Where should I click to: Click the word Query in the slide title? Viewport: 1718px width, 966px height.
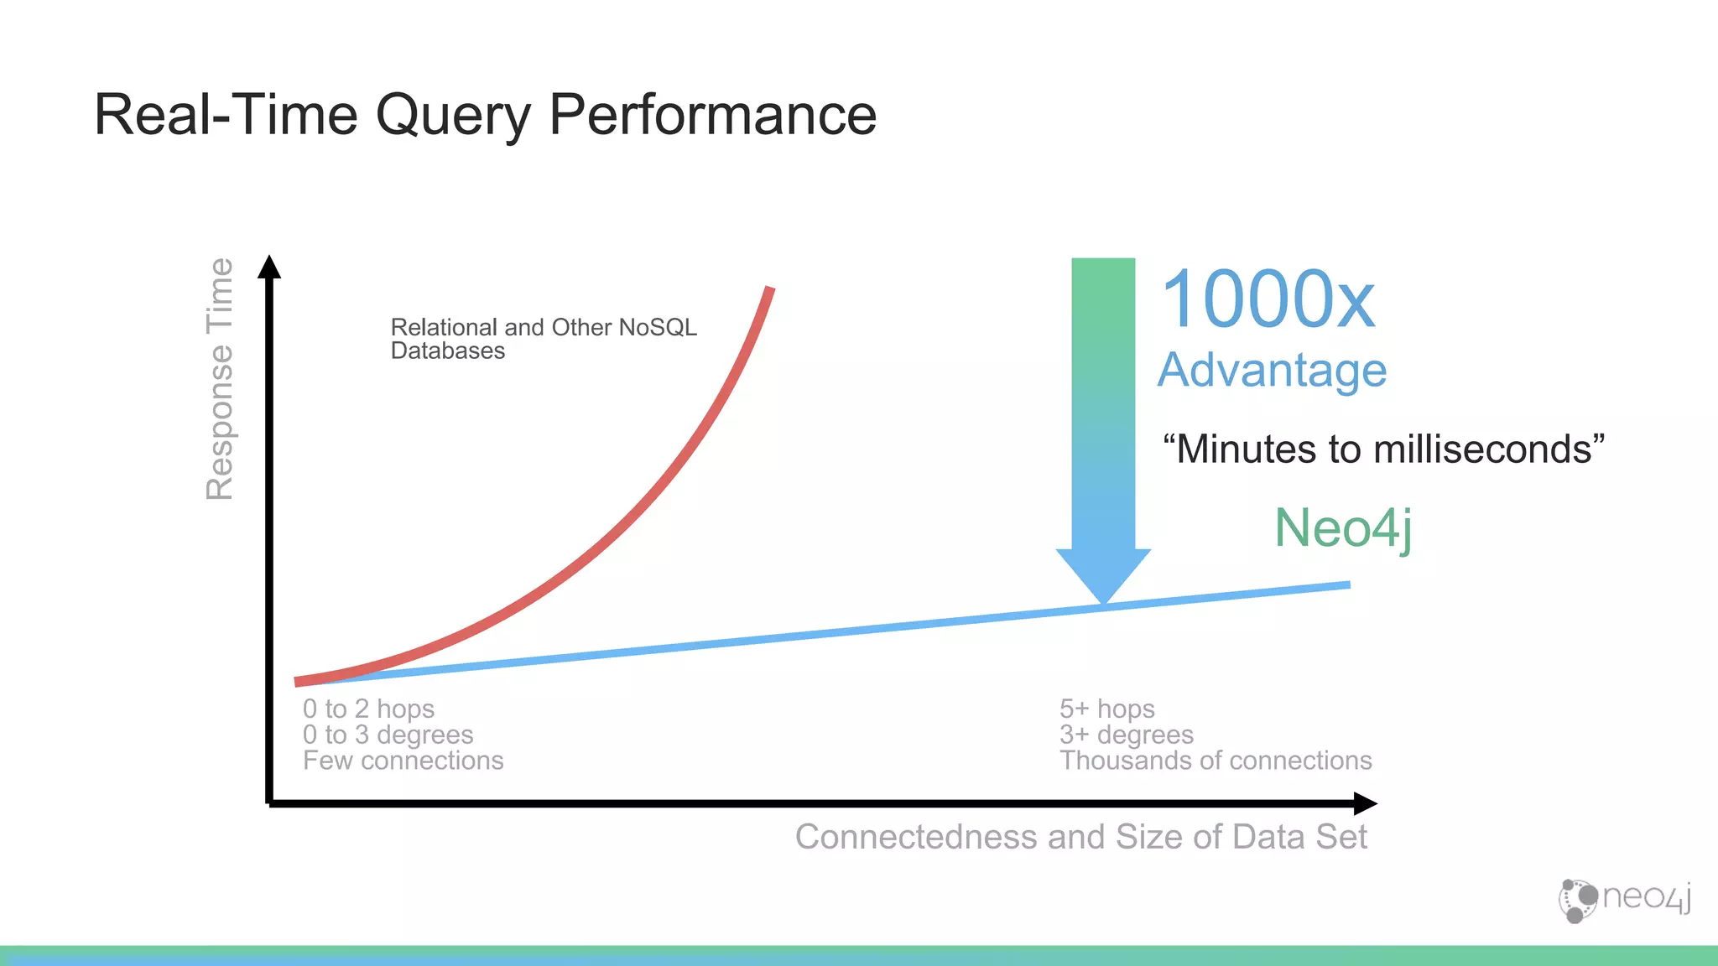[453, 116]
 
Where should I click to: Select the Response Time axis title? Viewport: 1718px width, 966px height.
[220, 379]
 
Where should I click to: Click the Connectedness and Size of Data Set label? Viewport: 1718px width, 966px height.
[1080, 837]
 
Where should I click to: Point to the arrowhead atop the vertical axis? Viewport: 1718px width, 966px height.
[269, 267]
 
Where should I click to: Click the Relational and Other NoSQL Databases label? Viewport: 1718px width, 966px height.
[543, 339]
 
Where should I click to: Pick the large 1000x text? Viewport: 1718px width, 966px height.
[1268, 299]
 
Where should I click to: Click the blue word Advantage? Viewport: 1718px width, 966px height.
[1272, 370]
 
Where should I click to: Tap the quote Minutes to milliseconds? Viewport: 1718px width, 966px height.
[1383, 449]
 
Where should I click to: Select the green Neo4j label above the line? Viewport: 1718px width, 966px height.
[1342, 528]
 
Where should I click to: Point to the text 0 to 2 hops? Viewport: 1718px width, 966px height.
[368, 709]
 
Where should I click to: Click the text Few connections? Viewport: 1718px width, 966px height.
[403, 761]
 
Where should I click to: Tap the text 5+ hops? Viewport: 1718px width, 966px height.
[1106, 709]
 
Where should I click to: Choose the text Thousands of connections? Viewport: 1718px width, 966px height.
[1215, 761]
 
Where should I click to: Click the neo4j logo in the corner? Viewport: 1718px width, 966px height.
[1624, 900]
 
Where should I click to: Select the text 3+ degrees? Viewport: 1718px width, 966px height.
[1126, 735]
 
